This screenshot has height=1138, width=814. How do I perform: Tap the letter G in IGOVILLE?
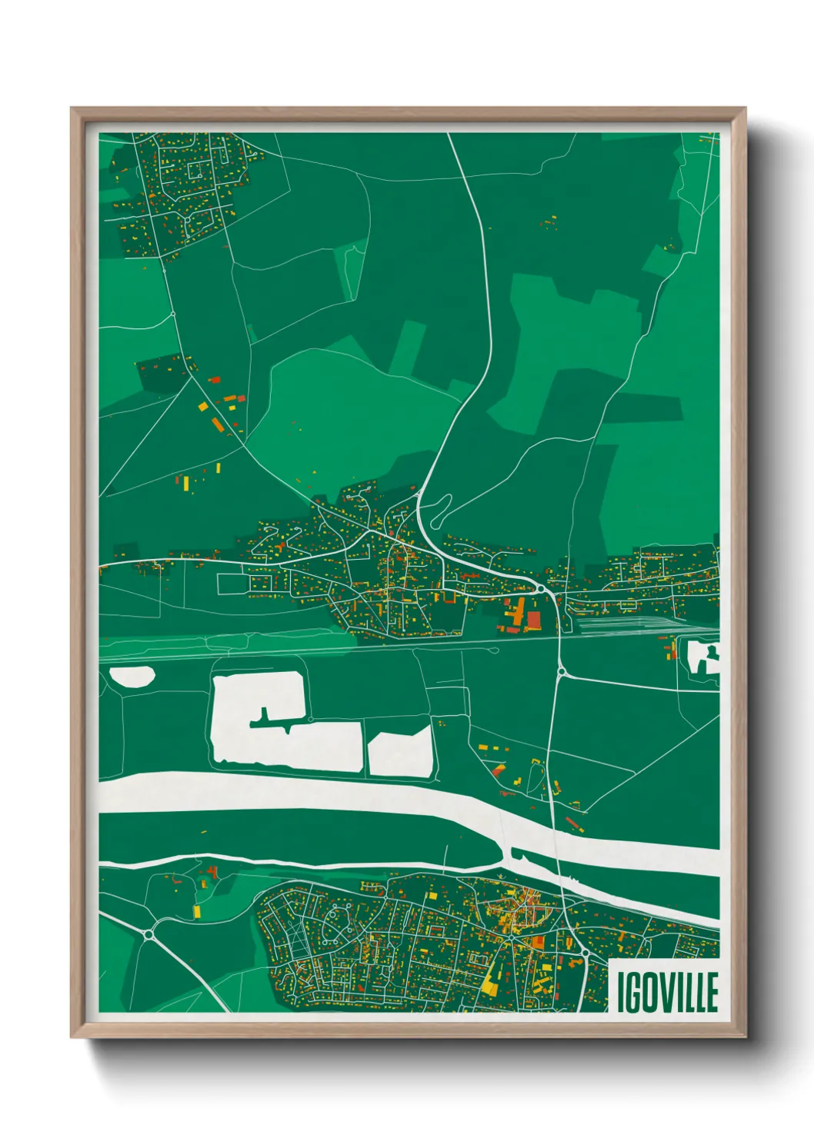(633, 992)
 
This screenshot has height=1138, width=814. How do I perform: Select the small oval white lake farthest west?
(132, 677)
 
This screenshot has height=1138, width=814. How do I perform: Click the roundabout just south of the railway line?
(561, 672)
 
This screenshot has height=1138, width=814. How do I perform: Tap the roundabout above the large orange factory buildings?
(541, 589)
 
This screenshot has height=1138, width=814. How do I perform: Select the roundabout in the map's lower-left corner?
(148, 934)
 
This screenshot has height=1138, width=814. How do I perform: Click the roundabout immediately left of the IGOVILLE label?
(586, 953)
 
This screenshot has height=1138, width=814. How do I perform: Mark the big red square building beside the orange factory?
(533, 620)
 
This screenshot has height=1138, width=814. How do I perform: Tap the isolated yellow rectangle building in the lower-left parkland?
(196, 911)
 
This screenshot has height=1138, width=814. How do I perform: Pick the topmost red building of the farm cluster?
(215, 378)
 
